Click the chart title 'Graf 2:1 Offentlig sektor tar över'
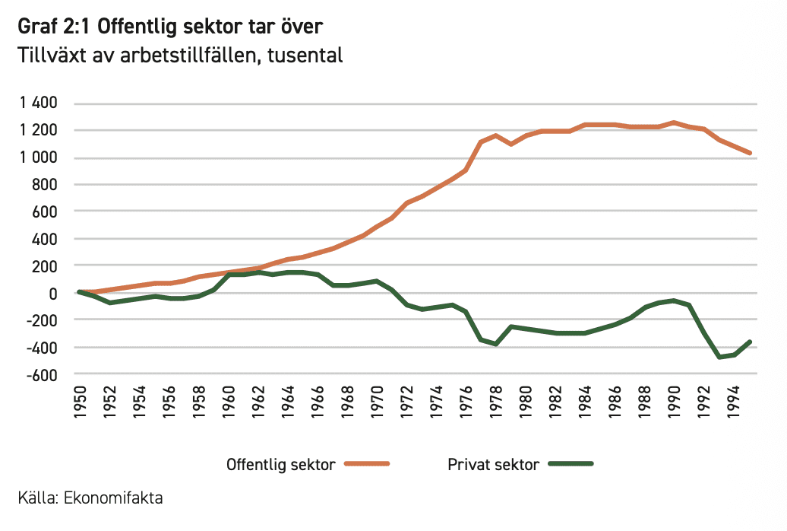(171, 27)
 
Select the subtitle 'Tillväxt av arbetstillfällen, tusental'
(180, 56)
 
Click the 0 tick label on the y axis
(54, 293)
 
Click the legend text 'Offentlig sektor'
(280, 465)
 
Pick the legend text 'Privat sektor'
(493, 465)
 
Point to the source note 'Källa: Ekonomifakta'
(90, 499)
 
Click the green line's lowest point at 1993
(719, 357)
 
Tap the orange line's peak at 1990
(674, 122)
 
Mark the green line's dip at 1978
(495, 344)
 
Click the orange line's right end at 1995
(750, 153)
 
